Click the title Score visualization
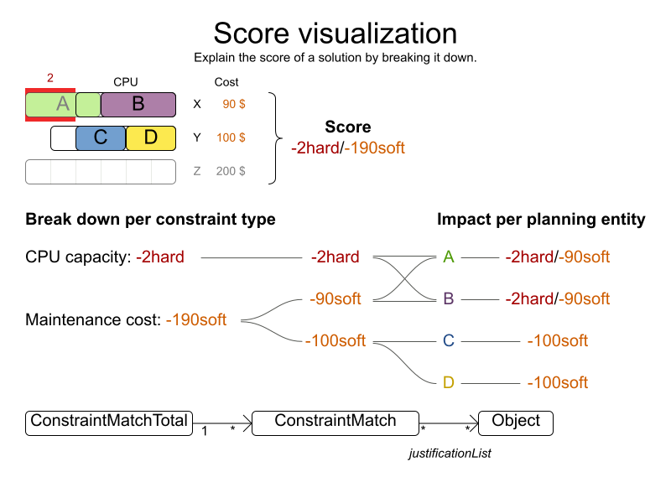coord(335,34)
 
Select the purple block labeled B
coord(138,105)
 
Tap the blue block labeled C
coord(101,138)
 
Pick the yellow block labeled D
coord(151,138)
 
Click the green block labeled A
coord(50,105)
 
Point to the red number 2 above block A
coord(50,78)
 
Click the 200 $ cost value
coord(231,171)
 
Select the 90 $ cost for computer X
coord(233,104)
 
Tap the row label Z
coord(197,171)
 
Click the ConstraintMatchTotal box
coord(109,422)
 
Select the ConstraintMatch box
coord(335,422)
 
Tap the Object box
coord(516,422)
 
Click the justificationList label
coord(450,454)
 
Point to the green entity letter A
coord(449,257)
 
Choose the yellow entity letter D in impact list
coord(449,382)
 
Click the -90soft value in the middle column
coord(335,298)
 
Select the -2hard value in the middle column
coord(335,257)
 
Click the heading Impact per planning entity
coord(541,220)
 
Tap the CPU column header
coord(126,82)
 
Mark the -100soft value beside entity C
coord(557,340)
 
